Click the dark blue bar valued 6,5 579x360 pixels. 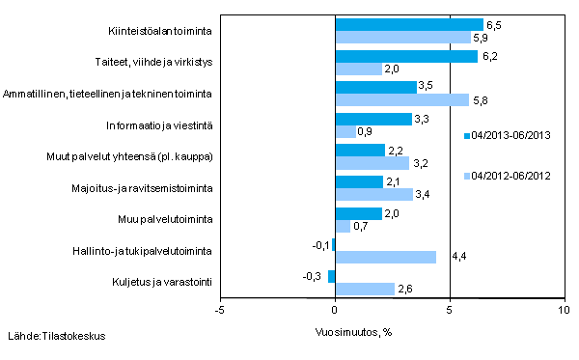pos(408,24)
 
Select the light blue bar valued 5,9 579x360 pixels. pos(402,37)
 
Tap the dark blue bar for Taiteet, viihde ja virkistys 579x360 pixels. pos(405,56)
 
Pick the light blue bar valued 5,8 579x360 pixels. pos(401,99)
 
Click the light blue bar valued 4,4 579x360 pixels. pos(385,257)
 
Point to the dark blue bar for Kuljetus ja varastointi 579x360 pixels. pos(332,276)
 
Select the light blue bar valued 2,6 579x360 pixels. pos(365,289)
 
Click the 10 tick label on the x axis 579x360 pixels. pos(564,311)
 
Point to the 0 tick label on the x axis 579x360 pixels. pos(335,311)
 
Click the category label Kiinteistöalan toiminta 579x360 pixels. pos(161,31)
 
